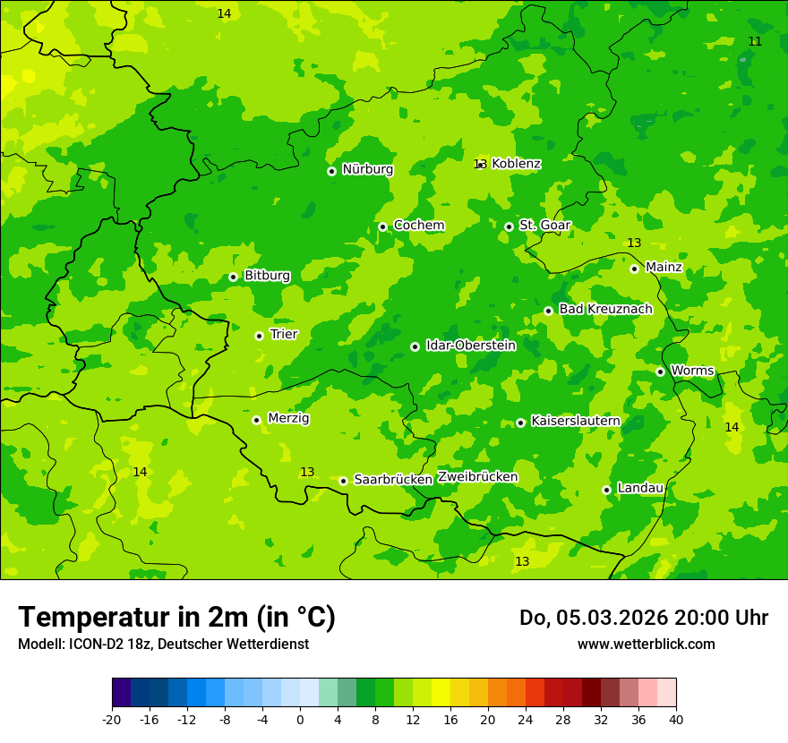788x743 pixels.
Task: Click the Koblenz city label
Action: pos(516,164)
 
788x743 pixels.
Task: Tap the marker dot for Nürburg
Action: pos(331,171)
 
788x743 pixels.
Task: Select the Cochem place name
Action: pos(419,226)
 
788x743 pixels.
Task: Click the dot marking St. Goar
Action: pos(509,226)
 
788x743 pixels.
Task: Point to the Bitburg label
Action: pos(267,276)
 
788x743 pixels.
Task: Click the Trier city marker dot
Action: pos(259,336)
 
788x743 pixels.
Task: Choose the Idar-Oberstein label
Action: pos(470,346)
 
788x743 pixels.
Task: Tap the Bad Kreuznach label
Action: pos(605,309)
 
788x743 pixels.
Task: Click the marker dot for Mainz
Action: pos(634,269)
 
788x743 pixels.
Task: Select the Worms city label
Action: pos(692,371)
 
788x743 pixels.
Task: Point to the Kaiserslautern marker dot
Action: pos(520,423)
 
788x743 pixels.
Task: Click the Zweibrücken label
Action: pos(477,477)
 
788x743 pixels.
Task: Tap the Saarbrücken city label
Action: pos(393,480)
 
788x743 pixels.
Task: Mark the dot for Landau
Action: pos(606,490)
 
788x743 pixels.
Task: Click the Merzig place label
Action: pos(288,418)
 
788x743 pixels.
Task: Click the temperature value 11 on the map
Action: pos(755,42)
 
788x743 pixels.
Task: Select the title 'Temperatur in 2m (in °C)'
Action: pos(176,617)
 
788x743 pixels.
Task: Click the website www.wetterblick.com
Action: pos(646,645)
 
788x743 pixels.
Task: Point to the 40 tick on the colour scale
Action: pos(676,720)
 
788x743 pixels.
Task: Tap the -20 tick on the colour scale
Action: pos(112,720)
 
